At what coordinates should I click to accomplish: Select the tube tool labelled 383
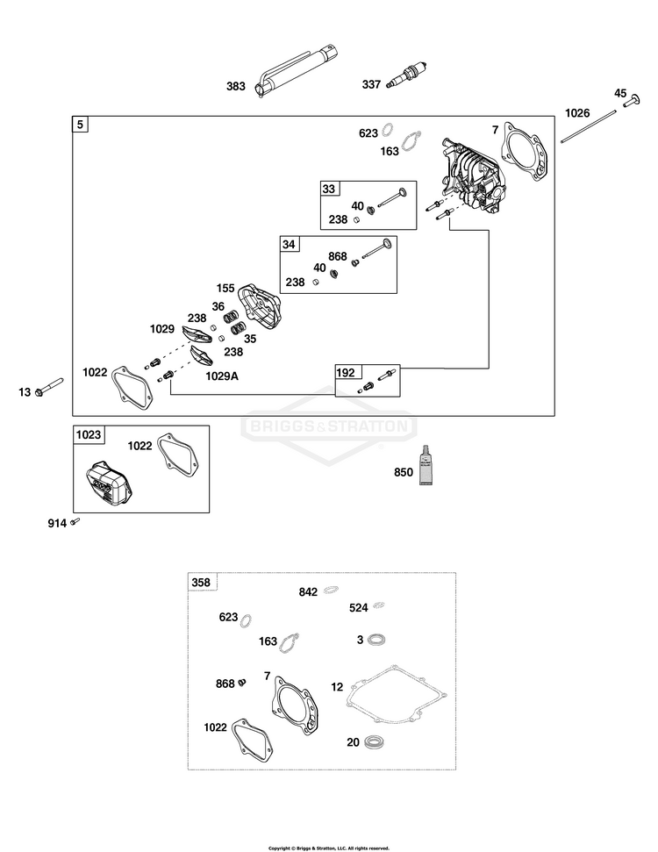[297, 72]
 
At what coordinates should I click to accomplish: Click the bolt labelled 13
[49, 386]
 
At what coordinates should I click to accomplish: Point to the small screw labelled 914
[75, 521]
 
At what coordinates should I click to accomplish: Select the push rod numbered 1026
[589, 126]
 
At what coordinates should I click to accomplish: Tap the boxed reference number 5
[80, 125]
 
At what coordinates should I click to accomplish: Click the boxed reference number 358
[201, 583]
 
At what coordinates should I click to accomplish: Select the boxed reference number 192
[346, 372]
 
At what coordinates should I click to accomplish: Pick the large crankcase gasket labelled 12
[397, 695]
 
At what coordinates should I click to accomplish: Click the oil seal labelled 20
[373, 741]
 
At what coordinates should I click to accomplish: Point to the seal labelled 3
[376, 640]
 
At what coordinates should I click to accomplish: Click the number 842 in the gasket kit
[308, 591]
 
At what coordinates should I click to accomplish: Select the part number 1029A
[222, 376]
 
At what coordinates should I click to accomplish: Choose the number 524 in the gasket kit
[359, 608]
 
